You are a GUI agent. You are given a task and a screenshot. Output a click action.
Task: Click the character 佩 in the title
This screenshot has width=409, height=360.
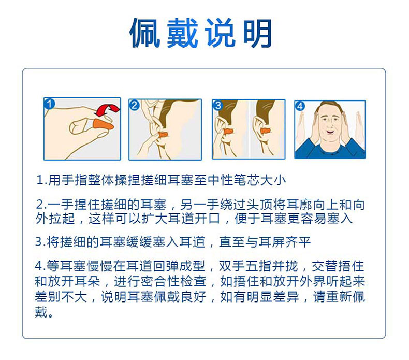pyautogui.click(x=145, y=33)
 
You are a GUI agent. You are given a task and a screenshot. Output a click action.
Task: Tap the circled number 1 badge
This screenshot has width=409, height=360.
pyautogui.click(x=49, y=104)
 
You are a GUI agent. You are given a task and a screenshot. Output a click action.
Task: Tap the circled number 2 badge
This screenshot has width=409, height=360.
pyautogui.click(x=134, y=105)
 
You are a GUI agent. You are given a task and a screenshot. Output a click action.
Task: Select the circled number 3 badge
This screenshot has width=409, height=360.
pyautogui.click(x=218, y=105)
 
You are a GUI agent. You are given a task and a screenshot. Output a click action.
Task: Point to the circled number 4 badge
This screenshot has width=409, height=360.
pyautogui.click(x=300, y=106)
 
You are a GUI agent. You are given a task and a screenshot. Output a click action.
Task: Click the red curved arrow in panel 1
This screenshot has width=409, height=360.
pyautogui.click(x=107, y=110)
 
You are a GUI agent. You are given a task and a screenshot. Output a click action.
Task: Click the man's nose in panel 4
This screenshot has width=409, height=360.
pyautogui.click(x=329, y=125)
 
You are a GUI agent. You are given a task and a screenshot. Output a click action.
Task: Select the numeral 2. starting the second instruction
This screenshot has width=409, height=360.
pyautogui.click(x=41, y=205)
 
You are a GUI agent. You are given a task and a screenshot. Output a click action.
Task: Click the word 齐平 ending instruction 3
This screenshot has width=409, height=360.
pyautogui.click(x=298, y=242)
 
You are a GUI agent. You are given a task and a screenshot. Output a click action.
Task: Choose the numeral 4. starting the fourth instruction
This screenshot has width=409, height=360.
pyautogui.click(x=40, y=266)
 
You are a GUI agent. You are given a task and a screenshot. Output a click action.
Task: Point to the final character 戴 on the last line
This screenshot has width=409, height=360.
pyautogui.click(x=41, y=311)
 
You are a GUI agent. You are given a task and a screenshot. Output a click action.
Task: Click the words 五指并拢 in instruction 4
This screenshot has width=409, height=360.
pyautogui.click(x=272, y=266)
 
